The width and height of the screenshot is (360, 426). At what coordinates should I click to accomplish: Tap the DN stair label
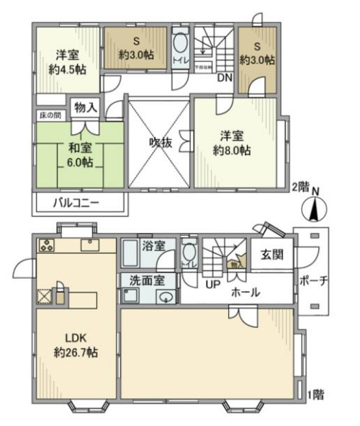click(x=224, y=77)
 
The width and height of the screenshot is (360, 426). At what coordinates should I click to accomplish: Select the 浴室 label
click(x=153, y=245)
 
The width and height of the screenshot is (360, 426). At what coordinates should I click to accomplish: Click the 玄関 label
click(x=272, y=254)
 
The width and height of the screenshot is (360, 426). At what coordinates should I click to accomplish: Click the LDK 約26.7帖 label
click(x=75, y=345)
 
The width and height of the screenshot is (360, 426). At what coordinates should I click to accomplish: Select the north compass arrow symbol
click(x=315, y=210)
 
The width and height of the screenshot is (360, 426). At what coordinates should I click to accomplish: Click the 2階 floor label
click(x=301, y=186)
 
